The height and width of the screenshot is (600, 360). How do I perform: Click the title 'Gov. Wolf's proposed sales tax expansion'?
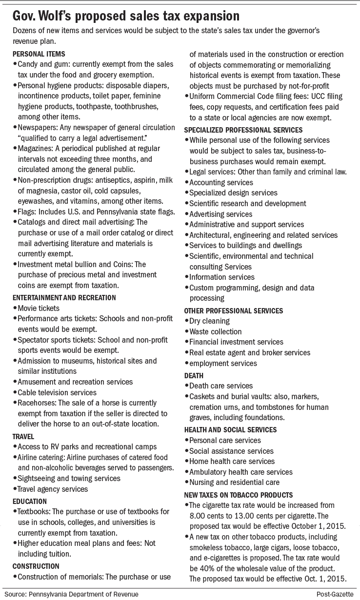pos(126,16)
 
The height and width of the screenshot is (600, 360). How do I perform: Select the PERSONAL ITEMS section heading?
pos(39,54)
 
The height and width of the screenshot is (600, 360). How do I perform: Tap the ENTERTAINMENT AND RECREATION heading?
pos(64,297)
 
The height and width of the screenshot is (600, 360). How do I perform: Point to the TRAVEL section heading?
pos(23,436)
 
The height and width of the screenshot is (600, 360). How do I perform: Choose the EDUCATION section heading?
pos(30,501)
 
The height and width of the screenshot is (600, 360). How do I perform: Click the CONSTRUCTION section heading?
pos(36,566)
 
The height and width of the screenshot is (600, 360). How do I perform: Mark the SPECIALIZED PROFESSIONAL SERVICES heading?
pos(243,130)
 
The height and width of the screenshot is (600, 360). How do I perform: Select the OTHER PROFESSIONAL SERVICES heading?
pos(233,310)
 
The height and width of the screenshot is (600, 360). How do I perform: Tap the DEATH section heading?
pos(194,375)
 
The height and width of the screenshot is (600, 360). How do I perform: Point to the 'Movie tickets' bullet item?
pos(39,308)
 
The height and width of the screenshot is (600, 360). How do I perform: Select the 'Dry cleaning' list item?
pos(209,321)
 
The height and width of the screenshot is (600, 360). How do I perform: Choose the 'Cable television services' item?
pos(57,392)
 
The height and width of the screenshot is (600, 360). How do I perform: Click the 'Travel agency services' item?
pos(53,489)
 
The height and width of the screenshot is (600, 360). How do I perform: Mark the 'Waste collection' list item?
pos(215,332)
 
